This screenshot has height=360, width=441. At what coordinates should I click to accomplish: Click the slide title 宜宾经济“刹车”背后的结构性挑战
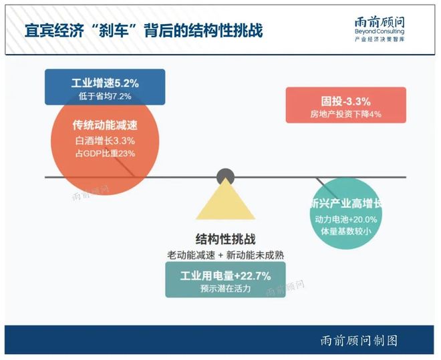pyautogui.click(x=144, y=31)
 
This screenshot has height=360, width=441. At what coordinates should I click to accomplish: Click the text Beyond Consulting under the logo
pyautogui.click(x=380, y=31)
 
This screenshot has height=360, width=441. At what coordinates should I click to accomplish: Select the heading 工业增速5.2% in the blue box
pyautogui.click(x=105, y=83)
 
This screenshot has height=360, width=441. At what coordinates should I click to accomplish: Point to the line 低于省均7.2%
pyautogui.click(x=105, y=96)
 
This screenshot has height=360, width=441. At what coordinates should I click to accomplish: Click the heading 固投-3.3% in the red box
pyautogui.click(x=345, y=101)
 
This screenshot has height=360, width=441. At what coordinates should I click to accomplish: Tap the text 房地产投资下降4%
pyautogui.click(x=345, y=114)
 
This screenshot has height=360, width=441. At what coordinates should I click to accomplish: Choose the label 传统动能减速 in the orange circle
pyautogui.click(x=105, y=126)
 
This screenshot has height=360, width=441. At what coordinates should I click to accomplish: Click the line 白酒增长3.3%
pyautogui.click(x=105, y=140)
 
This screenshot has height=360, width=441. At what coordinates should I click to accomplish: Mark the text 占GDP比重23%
pyautogui.click(x=105, y=154)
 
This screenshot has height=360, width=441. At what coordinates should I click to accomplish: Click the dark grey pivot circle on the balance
pyautogui.click(x=225, y=177)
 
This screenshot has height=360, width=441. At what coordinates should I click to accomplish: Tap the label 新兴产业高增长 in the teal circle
pyautogui.click(x=345, y=204)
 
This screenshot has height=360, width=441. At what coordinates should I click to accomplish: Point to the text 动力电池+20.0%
pyautogui.click(x=345, y=219)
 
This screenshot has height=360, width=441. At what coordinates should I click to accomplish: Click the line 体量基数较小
pyautogui.click(x=345, y=232)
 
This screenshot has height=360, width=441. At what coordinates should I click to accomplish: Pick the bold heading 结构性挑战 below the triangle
pyautogui.click(x=225, y=239)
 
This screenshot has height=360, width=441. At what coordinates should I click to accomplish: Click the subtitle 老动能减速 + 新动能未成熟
pyautogui.click(x=225, y=255)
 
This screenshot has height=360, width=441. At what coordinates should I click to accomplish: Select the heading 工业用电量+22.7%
pyautogui.click(x=225, y=276)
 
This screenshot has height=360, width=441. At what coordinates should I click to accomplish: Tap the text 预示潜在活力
pyautogui.click(x=225, y=289)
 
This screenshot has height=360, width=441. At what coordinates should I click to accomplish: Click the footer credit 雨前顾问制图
pyautogui.click(x=359, y=341)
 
